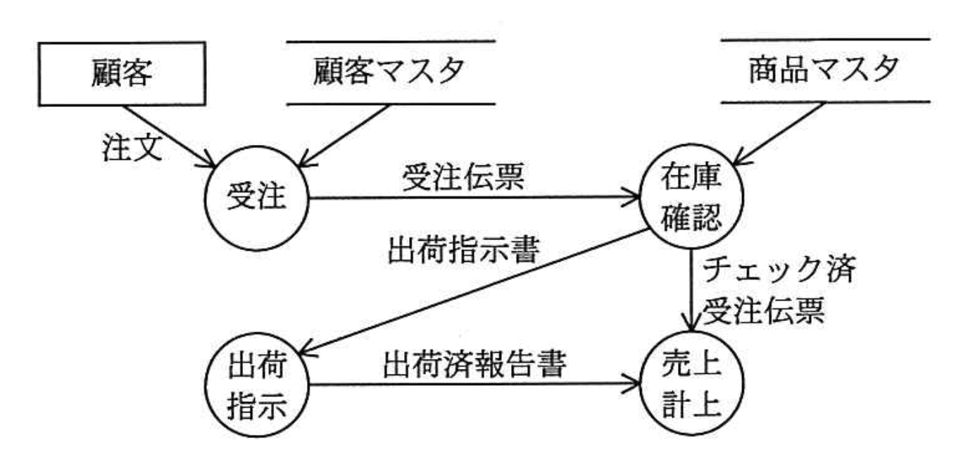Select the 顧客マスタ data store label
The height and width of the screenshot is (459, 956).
[391, 73]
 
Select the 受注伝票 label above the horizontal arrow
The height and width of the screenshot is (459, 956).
[463, 178]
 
